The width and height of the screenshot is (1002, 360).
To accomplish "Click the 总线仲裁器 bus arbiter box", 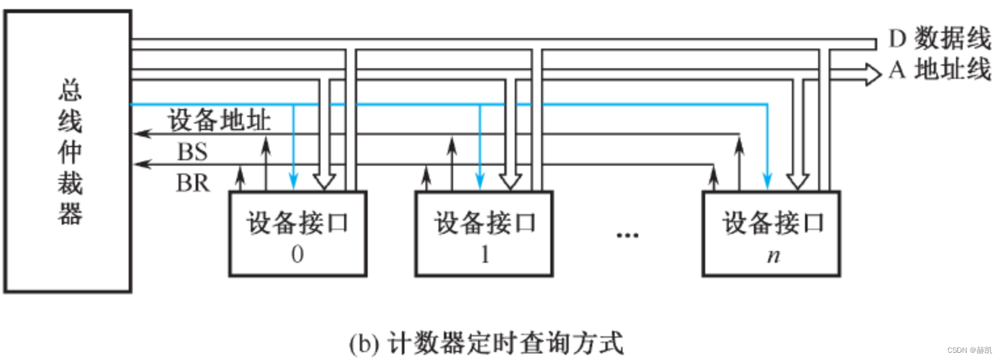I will point(68,151).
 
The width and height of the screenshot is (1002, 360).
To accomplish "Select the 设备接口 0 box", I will point(297,233).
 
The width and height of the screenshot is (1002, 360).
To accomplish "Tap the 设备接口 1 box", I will point(484,233).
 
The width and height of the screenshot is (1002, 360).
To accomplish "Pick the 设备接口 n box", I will point(772,233).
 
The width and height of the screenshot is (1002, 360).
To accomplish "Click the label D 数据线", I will point(939,39).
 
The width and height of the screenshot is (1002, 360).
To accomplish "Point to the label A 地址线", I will point(939,70).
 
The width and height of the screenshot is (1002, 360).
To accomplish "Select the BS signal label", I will point(192,152).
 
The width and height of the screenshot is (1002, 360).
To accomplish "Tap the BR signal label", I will point(192,183).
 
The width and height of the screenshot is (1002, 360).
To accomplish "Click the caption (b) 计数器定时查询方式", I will point(485,343).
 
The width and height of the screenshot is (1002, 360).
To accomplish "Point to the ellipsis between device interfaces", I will point(627,235).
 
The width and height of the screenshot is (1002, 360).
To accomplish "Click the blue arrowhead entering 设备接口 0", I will point(294,181).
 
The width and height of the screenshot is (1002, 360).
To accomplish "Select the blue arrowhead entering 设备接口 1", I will point(480,181).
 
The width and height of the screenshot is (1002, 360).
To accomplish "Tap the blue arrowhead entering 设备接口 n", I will point(767,181).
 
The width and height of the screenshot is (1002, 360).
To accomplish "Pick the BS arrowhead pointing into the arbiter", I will point(139,133).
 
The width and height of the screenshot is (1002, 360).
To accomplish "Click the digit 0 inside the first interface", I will point(297,255).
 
